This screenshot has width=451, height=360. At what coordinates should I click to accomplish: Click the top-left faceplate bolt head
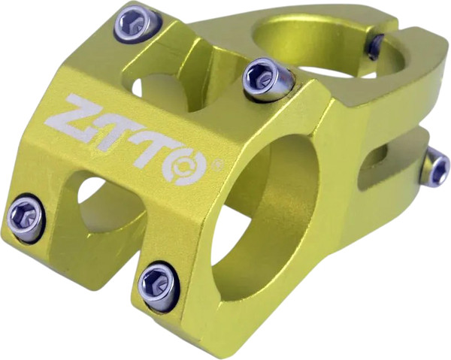click(136, 23)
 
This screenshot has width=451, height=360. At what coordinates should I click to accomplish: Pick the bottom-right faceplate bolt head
click(159, 284)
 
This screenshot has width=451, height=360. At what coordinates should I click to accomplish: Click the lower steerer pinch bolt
click(434, 166)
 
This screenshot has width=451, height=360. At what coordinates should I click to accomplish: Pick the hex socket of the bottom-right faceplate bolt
click(156, 283)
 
